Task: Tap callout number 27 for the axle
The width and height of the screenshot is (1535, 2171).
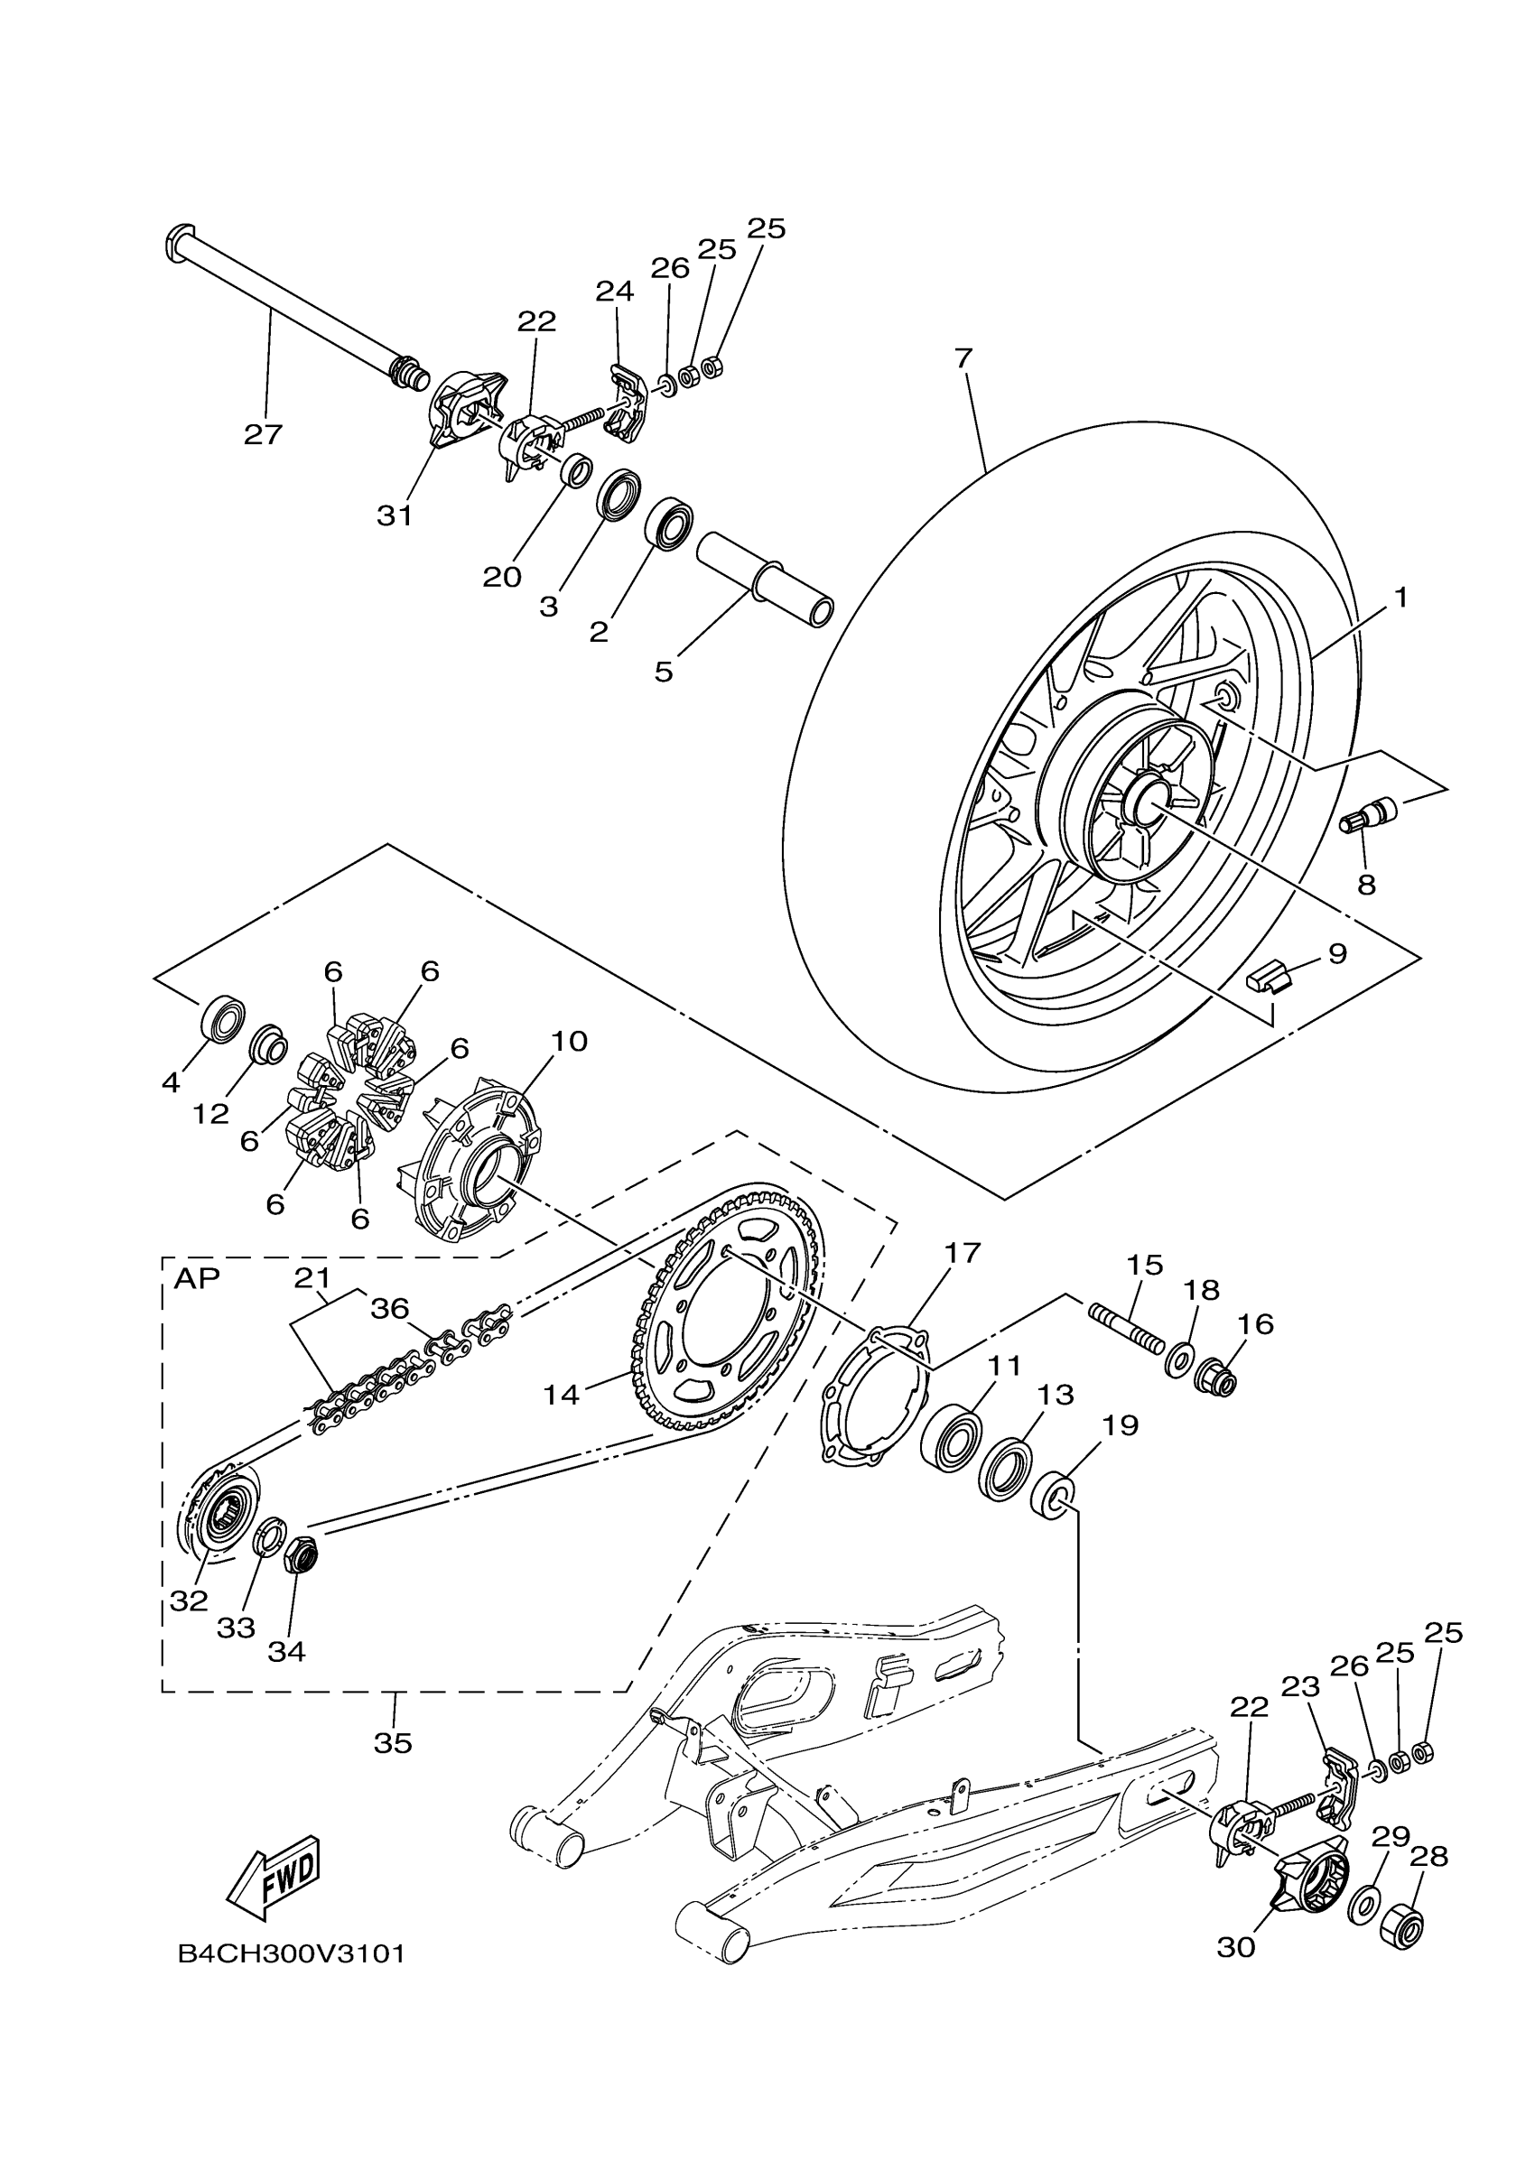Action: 264,435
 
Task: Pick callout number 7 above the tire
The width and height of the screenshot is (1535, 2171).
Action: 963,358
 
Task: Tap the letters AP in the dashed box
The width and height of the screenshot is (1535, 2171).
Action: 196,1278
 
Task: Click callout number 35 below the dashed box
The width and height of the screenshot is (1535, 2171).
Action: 394,1742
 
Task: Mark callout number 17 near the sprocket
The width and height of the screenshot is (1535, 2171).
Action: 963,1254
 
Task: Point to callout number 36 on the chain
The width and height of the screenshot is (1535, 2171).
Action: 390,1309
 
